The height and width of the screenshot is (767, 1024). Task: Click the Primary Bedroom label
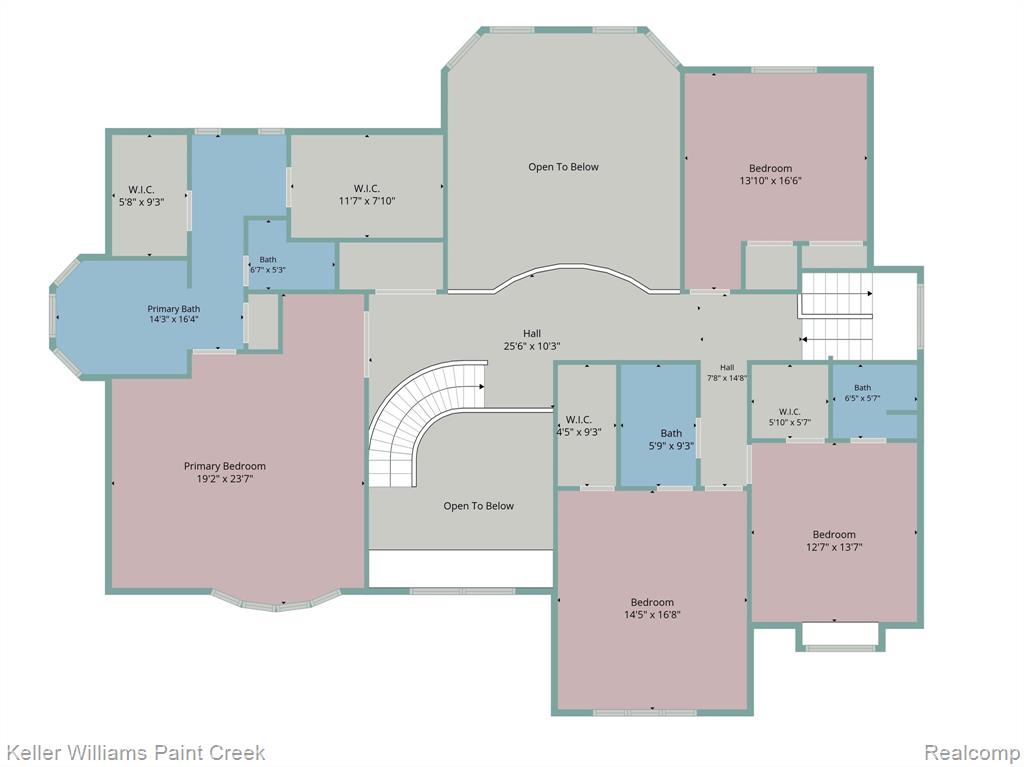click(225, 466)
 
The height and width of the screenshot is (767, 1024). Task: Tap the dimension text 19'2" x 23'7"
click(225, 479)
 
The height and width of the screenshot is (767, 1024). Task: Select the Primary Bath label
click(174, 309)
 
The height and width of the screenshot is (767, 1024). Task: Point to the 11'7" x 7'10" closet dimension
click(366, 201)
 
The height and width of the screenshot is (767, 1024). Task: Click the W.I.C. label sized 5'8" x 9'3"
click(141, 189)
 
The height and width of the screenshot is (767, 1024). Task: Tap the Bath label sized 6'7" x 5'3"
click(268, 259)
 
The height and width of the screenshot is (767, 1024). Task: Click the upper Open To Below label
click(564, 167)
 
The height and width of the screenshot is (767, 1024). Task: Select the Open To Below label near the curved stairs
click(479, 506)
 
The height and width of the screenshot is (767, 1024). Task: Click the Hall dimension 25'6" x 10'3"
click(532, 346)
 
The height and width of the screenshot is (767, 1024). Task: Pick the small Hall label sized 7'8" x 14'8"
click(727, 368)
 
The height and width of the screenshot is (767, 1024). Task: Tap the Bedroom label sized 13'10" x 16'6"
click(771, 168)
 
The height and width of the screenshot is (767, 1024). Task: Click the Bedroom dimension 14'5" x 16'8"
click(652, 615)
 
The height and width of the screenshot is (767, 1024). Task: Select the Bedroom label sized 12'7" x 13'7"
click(834, 534)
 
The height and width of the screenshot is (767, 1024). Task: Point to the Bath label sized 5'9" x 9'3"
click(671, 433)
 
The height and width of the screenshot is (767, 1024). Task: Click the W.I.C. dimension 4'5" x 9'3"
click(579, 432)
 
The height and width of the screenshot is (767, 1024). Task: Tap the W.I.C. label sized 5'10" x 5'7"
click(790, 412)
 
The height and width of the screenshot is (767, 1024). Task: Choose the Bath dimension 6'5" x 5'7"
click(863, 398)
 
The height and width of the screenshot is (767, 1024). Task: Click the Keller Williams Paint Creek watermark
click(135, 753)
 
